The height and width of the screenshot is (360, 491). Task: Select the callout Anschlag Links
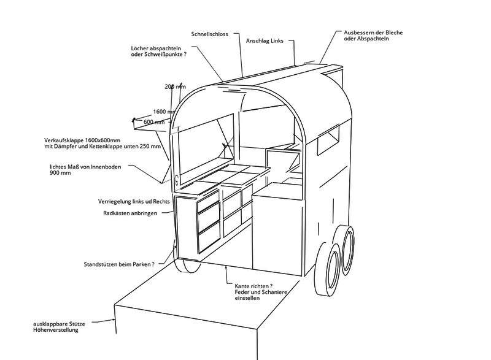264,40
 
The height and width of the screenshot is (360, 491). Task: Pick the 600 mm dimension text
155,122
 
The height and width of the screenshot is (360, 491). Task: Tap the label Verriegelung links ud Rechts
134,202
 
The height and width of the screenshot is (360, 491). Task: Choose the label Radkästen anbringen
131,213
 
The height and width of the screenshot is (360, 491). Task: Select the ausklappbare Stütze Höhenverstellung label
56,326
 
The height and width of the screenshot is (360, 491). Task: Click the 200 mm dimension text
175,86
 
